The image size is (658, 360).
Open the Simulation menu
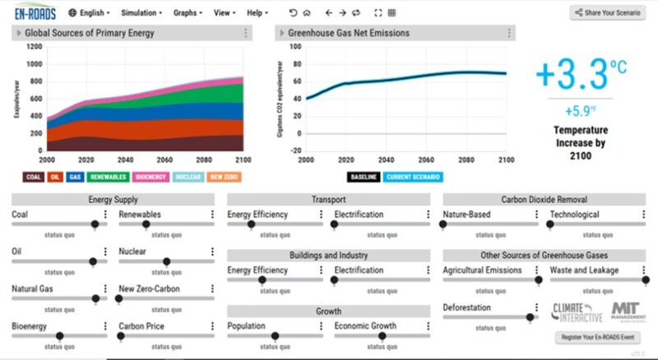(x=141, y=13)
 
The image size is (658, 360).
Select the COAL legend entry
(x=34, y=177)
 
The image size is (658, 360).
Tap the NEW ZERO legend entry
(x=225, y=177)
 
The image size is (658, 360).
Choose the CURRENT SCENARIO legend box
(x=413, y=177)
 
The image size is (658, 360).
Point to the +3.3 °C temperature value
(x=573, y=75)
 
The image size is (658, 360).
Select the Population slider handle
(x=276, y=335)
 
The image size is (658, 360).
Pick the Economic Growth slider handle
(x=382, y=335)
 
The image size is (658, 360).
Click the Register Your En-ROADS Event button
(x=599, y=338)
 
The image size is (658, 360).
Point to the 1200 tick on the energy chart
(x=33, y=47)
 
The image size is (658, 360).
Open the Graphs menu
(x=188, y=13)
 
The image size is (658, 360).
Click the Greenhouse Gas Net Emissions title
(x=348, y=34)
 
